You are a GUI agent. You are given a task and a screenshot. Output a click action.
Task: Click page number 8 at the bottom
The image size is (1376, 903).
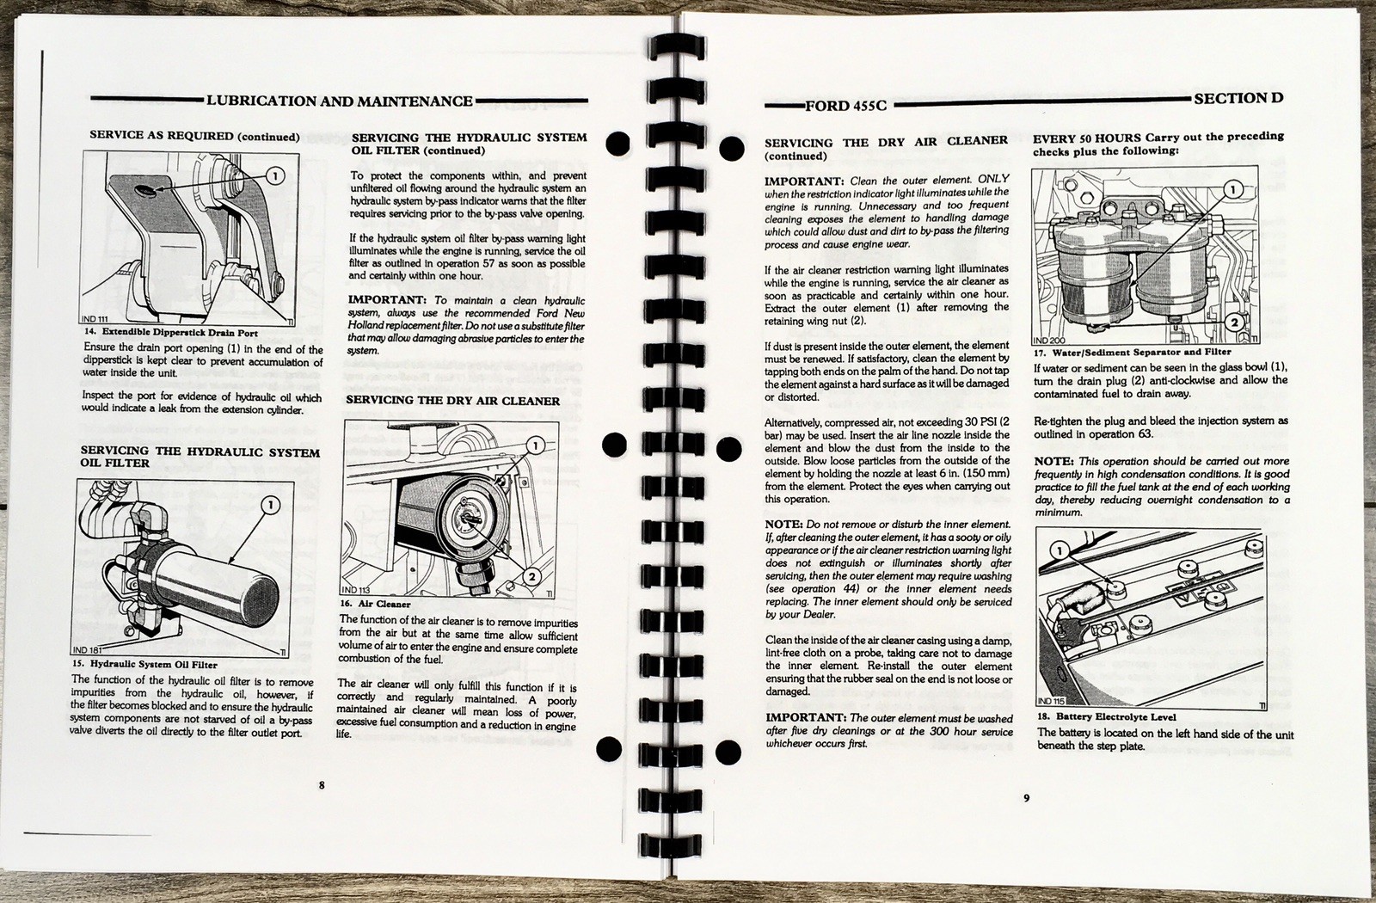point(322,784)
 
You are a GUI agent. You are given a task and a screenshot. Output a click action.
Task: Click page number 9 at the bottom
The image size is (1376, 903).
point(1026,797)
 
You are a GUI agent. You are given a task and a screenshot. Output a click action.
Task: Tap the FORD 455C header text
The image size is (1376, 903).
point(845,106)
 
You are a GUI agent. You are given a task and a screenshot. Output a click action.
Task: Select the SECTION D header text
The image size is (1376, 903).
point(1238,98)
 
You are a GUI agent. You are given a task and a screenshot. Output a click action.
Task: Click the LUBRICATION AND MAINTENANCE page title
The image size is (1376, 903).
point(339,101)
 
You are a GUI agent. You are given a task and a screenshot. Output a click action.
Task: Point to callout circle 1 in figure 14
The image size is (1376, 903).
point(274,176)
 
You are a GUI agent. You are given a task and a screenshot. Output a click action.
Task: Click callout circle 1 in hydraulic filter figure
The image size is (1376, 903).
point(271,505)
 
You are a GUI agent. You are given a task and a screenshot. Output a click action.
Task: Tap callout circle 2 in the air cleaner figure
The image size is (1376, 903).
point(531,576)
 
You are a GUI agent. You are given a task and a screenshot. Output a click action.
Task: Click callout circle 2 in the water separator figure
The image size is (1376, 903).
point(1232,322)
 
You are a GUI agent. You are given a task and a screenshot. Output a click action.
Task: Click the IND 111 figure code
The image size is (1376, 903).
point(98,319)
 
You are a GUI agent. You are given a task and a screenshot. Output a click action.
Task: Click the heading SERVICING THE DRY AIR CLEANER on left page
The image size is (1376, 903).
point(452,401)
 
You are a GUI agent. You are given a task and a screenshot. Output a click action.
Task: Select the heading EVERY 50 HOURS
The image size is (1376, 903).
point(1087,138)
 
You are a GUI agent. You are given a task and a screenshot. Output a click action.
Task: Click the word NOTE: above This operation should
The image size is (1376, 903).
point(1053,461)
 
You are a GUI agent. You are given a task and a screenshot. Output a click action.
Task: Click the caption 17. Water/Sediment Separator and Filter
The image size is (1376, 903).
point(1132,352)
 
